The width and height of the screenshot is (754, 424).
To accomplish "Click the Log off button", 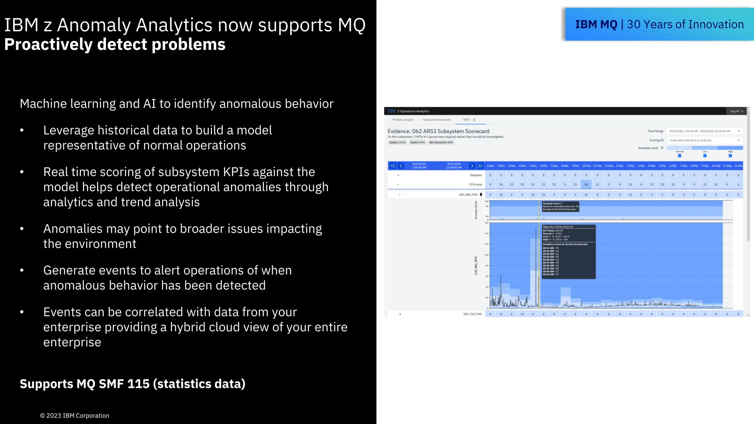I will tap(736, 111).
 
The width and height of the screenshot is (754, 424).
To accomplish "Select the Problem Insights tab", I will tap(403, 120).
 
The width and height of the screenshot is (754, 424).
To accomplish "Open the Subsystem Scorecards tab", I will tap(437, 120).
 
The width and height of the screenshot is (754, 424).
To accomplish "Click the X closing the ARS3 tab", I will tap(474, 120).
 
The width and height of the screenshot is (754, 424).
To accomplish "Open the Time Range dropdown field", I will tap(704, 131).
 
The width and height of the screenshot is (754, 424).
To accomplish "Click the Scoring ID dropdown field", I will tap(704, 140).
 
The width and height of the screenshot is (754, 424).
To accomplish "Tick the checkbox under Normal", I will tap(680, 156).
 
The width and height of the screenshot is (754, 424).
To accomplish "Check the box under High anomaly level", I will tap(730, 156).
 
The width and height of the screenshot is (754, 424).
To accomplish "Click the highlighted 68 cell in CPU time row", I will tap(586, 184).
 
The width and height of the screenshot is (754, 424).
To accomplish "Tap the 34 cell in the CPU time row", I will tap(501, 184).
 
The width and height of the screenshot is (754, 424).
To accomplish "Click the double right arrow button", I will tap(480, 166).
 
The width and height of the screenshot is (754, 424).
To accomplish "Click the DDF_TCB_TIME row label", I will tap(472, 314).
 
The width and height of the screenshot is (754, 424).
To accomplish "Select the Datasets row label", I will tap(476, 175).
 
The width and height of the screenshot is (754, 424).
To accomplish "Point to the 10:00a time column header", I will tap(586, 166).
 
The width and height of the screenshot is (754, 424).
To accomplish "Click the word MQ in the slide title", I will tap(351, 25).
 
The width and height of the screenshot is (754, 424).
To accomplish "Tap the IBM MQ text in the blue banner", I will tap(596, 25).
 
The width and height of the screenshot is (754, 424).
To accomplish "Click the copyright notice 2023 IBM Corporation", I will tap(75, 416).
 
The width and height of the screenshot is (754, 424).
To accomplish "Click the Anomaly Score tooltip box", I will tap(560, 206).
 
